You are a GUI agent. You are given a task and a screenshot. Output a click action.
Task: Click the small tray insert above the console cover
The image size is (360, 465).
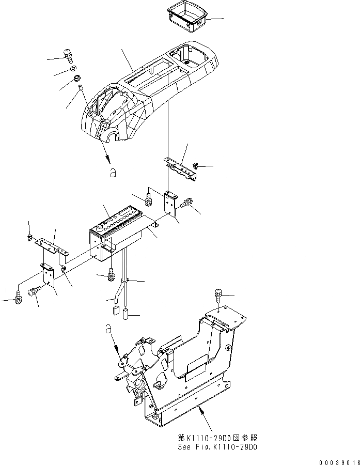[186, 16]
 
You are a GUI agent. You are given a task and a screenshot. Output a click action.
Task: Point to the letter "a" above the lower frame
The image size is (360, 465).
[108, 329]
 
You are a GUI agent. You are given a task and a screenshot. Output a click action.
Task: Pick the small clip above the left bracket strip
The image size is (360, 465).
[30, 238]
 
